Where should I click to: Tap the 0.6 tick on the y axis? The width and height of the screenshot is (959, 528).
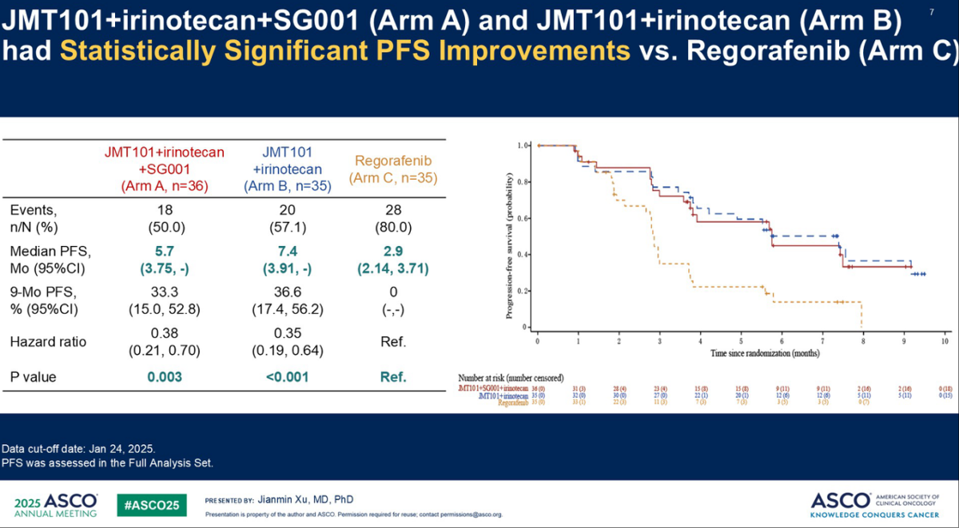[x=523, y=218]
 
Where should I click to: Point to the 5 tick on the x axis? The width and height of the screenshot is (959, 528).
[x=741, y=341]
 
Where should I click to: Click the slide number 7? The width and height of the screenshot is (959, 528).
[x=932, y=12]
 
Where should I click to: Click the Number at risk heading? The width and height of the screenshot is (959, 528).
[x=511, y=377]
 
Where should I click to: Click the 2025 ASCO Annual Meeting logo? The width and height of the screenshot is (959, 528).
[x=56, y=504]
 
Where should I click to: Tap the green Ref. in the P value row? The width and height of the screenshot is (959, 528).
[x=392, y=377]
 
